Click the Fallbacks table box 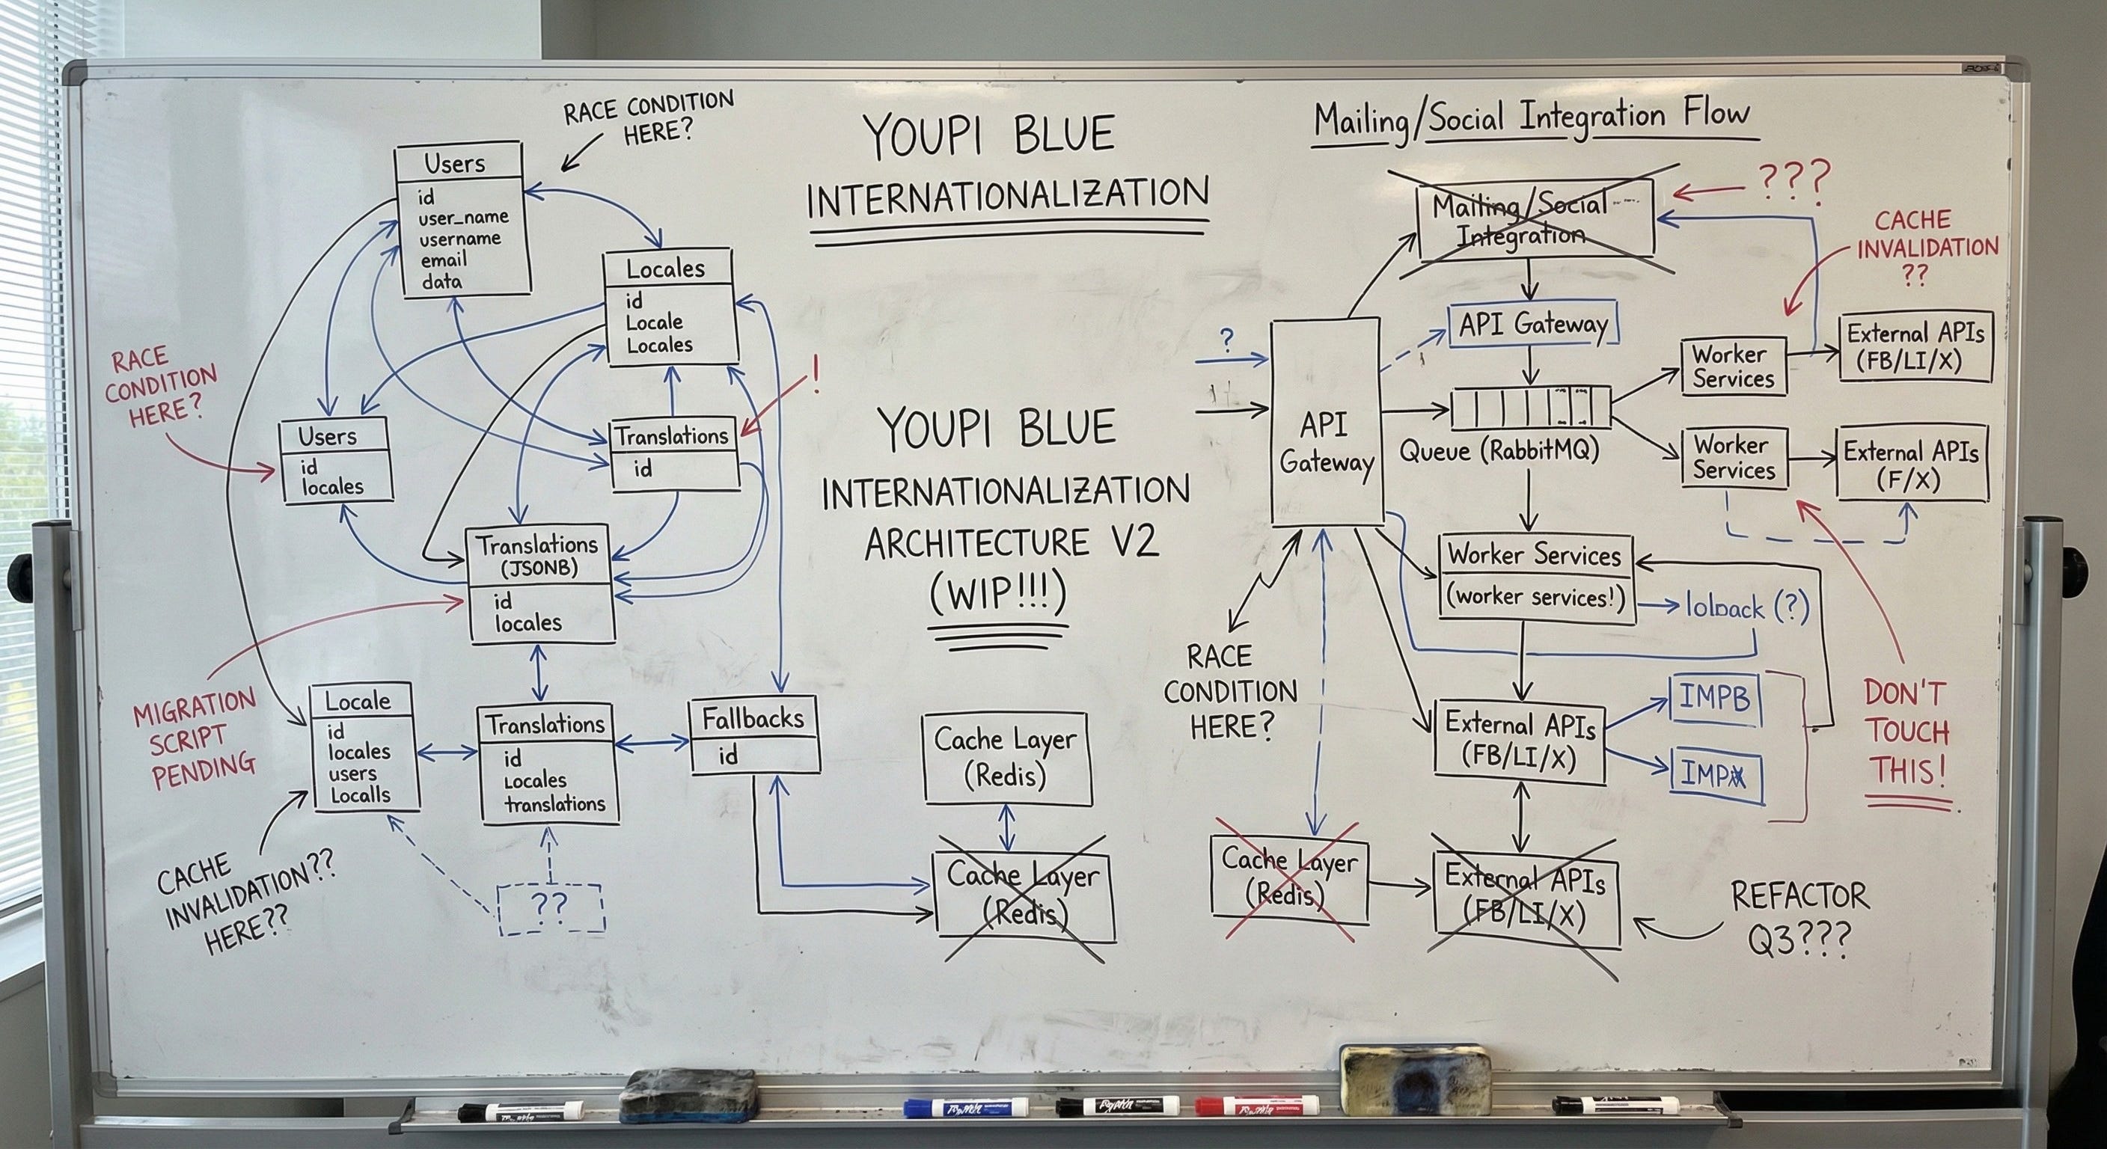pos(754,736)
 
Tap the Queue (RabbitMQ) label pos(1499,450)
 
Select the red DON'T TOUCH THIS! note pos(1907,733)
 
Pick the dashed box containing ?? pos(551,907)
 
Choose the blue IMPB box pos(1714,699)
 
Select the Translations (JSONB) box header pos(538,555)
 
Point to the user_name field pos(463,218)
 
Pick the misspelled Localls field pos(360,795)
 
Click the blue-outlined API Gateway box pos(1533,325)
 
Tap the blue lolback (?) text pos(1746,607)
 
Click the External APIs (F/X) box pos(1910,464)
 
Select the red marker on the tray pos(1256,1107)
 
